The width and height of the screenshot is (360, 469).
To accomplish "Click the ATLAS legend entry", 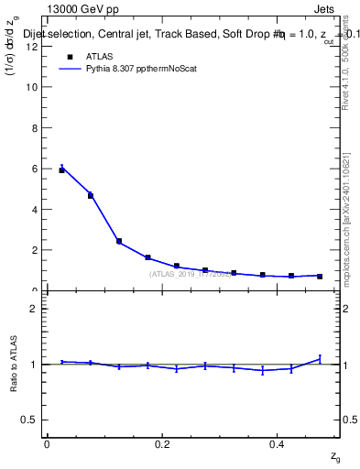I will [98, 55].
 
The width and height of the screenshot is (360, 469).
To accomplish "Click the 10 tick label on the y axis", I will [34, 87].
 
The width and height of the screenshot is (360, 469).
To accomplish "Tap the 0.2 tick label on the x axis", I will [162, 444].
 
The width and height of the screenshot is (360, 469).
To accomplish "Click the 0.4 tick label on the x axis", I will [278, 444].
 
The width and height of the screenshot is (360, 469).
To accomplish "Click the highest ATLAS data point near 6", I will [61, 170].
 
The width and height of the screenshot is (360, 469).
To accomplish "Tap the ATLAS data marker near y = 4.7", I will [90, 195].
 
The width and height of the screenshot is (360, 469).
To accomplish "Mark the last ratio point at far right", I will [320, 358].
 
